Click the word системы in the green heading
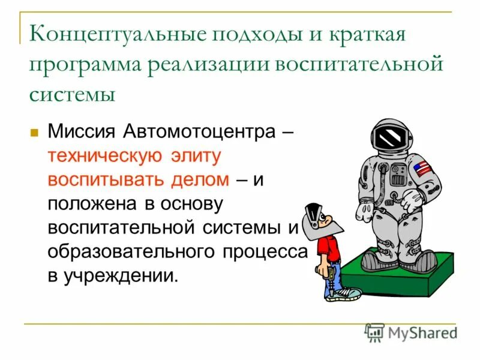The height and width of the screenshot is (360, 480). point(71,94)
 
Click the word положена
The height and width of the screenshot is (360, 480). point(91,203)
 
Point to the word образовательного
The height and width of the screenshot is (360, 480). point(125,251)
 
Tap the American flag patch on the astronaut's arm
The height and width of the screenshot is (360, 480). point(422,169)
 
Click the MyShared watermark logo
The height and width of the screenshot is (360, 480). point(411,331)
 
